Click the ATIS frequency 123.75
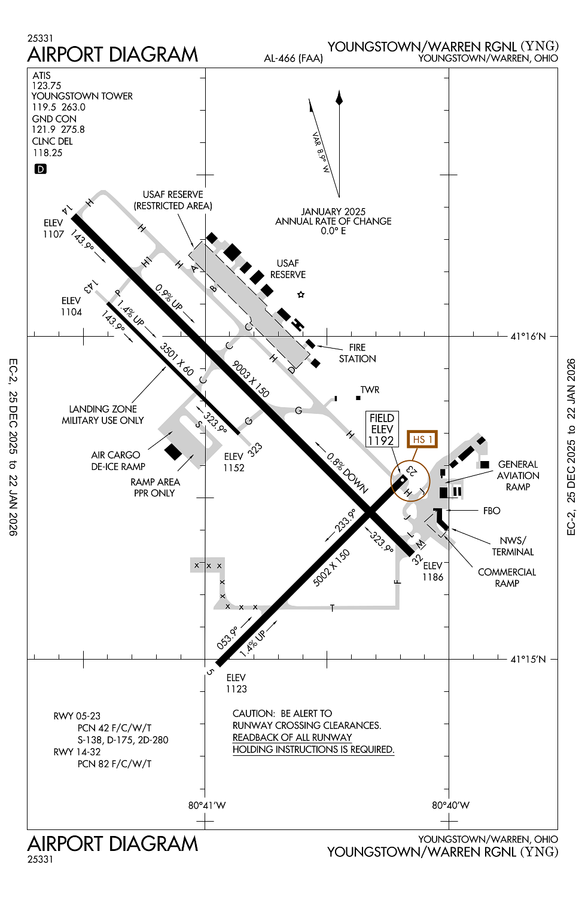click(x=47, y=86)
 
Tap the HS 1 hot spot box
click(x=422, y=440)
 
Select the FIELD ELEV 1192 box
click(x=382, y=429)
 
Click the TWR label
click(x=370, y=390)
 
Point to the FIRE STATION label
click(x=357, y=353)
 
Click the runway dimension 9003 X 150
click(x=251, y=379)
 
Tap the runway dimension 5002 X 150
click(x=331, y=568)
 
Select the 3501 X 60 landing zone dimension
click(x=177, y=359)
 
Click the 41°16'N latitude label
click(x=528, y=337)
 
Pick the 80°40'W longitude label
click(x=450, y=805)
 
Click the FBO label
click(x=492, y=511)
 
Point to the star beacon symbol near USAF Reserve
click(x=301, y=294)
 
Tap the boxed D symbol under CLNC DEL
click(x=40, y=169)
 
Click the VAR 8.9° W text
click(x=321, y=152)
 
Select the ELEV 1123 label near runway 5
click(x=236, y=683)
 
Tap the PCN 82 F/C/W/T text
click(x=114, y=764)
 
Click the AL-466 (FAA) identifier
click(x=293, y=59)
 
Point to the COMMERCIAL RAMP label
click(x=507, y=578)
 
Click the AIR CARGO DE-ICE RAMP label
click(x=117, y=460)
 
